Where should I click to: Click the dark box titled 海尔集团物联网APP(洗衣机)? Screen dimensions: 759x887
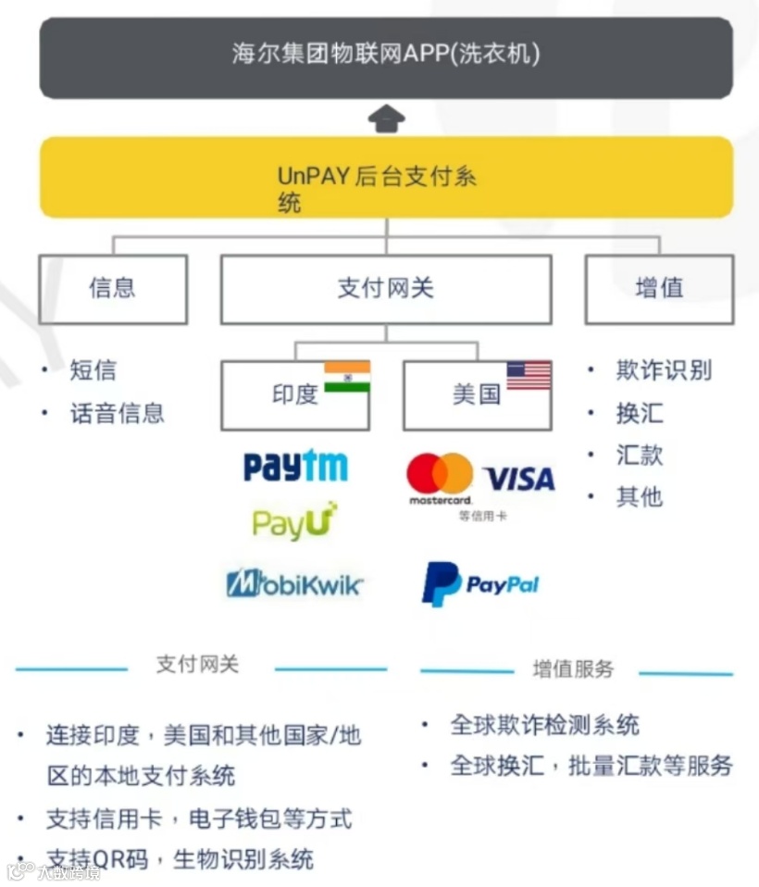(385, 56)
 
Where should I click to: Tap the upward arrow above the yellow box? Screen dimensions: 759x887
(386, 119)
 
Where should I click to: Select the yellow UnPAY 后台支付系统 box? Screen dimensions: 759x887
(385, 177)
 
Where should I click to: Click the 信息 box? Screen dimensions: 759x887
(112, 289)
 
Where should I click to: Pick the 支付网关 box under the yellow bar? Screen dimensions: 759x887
(385, 289)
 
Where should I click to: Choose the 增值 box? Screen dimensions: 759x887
(659, 289)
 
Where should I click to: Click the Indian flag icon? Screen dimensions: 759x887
(346, 377)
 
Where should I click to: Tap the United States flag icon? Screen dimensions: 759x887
(529, 376)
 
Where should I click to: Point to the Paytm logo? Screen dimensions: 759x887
(295, 466)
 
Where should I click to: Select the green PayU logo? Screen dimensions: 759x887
(294, 523)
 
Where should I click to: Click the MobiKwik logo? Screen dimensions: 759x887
(294, 583)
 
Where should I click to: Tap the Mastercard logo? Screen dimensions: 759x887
(440, 478)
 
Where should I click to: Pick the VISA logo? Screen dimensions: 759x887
(519, 479)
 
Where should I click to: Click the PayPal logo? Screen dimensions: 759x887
(479, 584)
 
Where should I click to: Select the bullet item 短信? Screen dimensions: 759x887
(93, 370)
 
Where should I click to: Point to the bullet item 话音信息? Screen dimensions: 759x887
(117, 413)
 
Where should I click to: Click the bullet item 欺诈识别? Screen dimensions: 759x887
(664, 370)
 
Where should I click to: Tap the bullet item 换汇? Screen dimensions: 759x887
(640, 413)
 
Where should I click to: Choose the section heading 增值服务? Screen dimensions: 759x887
(573, 669)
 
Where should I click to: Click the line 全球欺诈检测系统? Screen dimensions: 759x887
(544, 725)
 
